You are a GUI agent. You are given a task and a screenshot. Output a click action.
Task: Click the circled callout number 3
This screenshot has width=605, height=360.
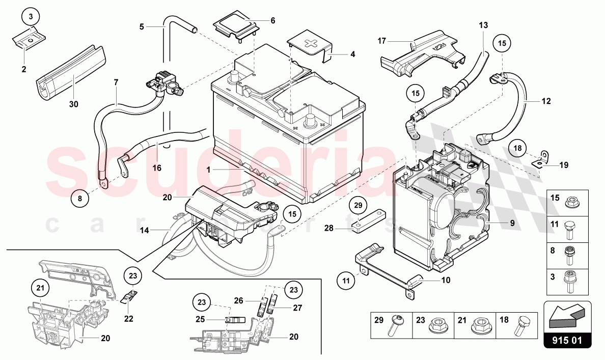tap(31, 17)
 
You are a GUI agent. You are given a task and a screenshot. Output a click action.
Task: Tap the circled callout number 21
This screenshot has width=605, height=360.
tap(40, 288)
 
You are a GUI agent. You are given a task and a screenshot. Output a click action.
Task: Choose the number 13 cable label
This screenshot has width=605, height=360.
tap(483, 25)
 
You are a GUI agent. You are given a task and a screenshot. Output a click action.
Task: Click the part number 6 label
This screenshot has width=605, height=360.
tap(272, 21)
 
